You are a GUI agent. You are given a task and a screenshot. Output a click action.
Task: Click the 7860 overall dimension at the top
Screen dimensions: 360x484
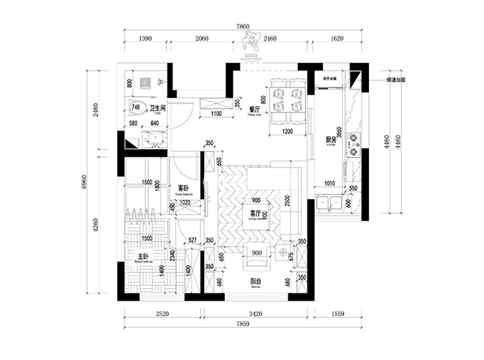point(243,27)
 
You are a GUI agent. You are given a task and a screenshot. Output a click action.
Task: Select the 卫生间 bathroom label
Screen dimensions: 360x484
point(157,107)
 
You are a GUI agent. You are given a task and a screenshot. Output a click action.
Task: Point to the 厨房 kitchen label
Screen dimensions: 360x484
point(331,140)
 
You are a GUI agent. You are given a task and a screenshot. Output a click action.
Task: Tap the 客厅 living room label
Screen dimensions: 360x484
point(255,213)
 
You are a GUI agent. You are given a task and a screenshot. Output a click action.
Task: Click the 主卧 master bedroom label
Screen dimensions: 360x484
point(143,256)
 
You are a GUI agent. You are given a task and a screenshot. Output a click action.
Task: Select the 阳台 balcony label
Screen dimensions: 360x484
point(257,283)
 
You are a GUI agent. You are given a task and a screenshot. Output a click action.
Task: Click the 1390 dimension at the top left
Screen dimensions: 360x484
point(145,39)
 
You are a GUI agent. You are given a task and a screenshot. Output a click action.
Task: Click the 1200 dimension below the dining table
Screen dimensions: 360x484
point(287,132)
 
